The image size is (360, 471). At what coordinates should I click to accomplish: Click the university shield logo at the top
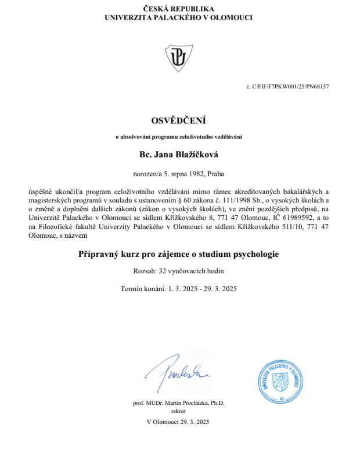pos(178,56)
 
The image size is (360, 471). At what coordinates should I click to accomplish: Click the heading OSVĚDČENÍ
pos(178,121)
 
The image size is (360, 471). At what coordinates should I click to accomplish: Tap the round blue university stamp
pos(282,382)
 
